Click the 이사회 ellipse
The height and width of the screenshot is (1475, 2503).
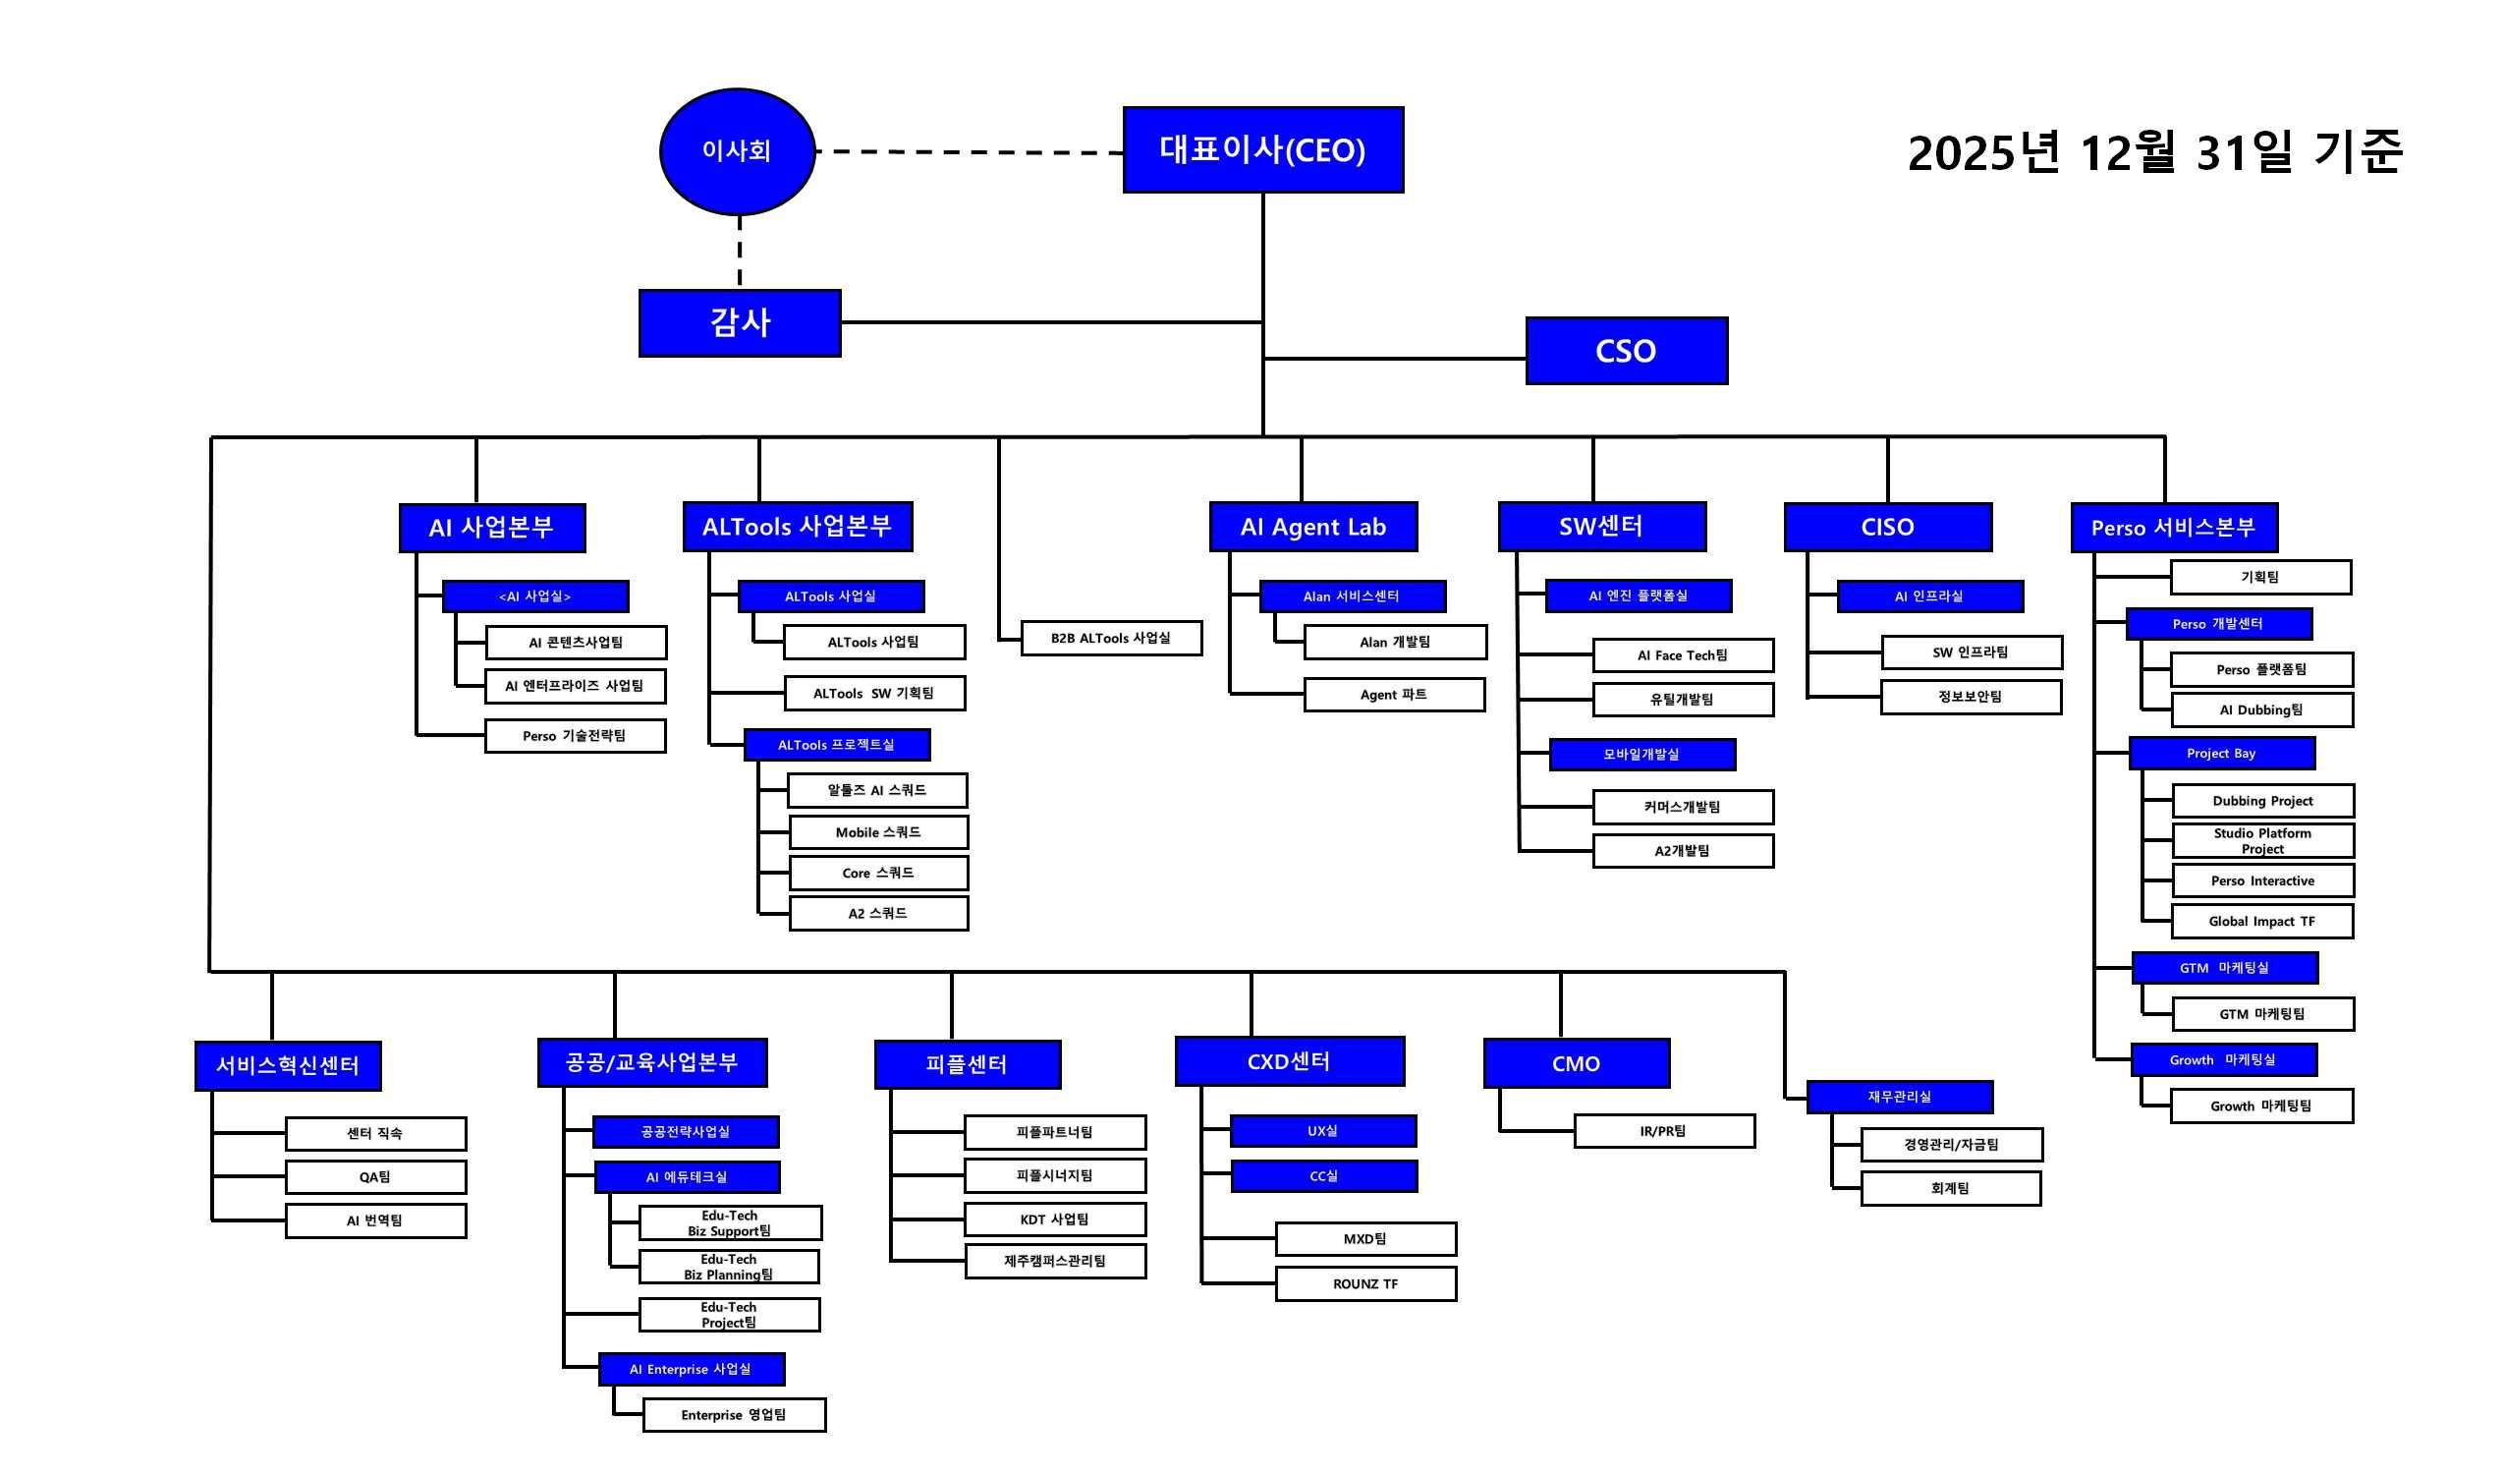[738, 151]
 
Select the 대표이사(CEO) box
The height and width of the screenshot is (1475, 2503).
[1263, 149]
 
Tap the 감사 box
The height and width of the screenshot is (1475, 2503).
[740, 323]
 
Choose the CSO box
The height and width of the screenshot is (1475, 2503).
[1627, 351]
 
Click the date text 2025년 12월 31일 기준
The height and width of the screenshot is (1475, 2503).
[2155, 152]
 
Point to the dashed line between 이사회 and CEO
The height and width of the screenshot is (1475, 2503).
[969, 152]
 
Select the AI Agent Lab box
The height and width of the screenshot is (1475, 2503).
[1312, 527]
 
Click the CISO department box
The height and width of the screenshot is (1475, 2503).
[1888, 527]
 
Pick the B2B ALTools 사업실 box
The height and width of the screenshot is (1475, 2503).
[1111, 638]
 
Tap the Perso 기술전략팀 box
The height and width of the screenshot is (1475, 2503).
[575, 736]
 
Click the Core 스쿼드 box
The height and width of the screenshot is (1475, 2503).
[878, 874]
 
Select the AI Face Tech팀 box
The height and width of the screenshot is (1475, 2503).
[1684, 656]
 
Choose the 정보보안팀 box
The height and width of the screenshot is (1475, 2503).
[1971, 697]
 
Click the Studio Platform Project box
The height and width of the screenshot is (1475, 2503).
[2262, 841]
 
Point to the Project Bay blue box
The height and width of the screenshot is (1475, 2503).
[2222, 754]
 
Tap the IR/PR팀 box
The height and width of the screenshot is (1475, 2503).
[1664, 1131]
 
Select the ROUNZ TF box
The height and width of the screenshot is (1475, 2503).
[1366, 1284]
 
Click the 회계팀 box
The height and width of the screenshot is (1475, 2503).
[1951, 1189]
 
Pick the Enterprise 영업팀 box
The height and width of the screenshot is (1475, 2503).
[735, 1415]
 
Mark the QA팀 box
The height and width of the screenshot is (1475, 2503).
[375, 1178]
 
